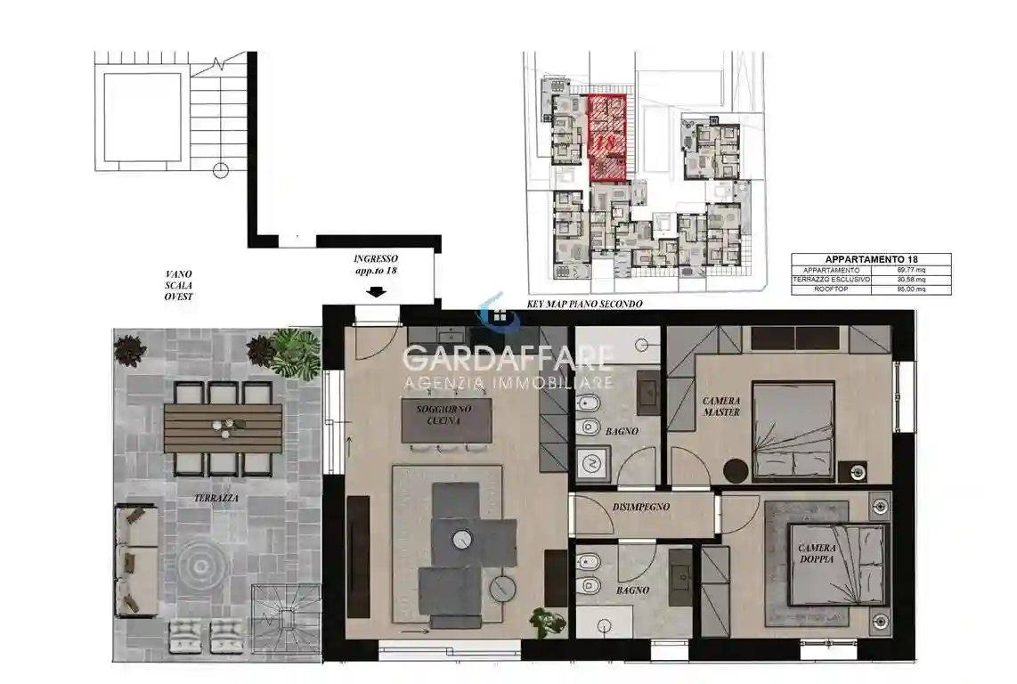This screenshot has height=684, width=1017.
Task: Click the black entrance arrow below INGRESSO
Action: (x=377, y=291)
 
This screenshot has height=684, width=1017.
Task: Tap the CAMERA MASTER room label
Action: (x=720, y=406)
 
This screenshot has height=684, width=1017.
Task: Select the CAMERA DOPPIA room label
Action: (x=816, y=553)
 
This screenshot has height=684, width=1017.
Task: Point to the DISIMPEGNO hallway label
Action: (x=640, y=507)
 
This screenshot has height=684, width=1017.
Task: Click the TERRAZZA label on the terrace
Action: (x=216, y=499)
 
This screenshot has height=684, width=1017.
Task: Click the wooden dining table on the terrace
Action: (x=223, y=427)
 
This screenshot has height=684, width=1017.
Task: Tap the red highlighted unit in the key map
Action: (x=607, y=138)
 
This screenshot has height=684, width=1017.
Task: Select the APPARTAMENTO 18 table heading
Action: (x=870, y=259)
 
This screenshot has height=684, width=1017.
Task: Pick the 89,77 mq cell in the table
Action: (x=912, y=270)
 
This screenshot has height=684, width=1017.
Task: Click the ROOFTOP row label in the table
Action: (x=832, y=289)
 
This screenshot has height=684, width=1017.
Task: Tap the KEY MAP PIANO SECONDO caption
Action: (x=584, y=304)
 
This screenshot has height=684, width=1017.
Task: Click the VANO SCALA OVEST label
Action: (x=178, y=285)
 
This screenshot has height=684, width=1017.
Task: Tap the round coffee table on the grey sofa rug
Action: (x=461, y=538)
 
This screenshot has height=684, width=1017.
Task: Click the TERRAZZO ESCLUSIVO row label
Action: (x=832, y=280)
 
